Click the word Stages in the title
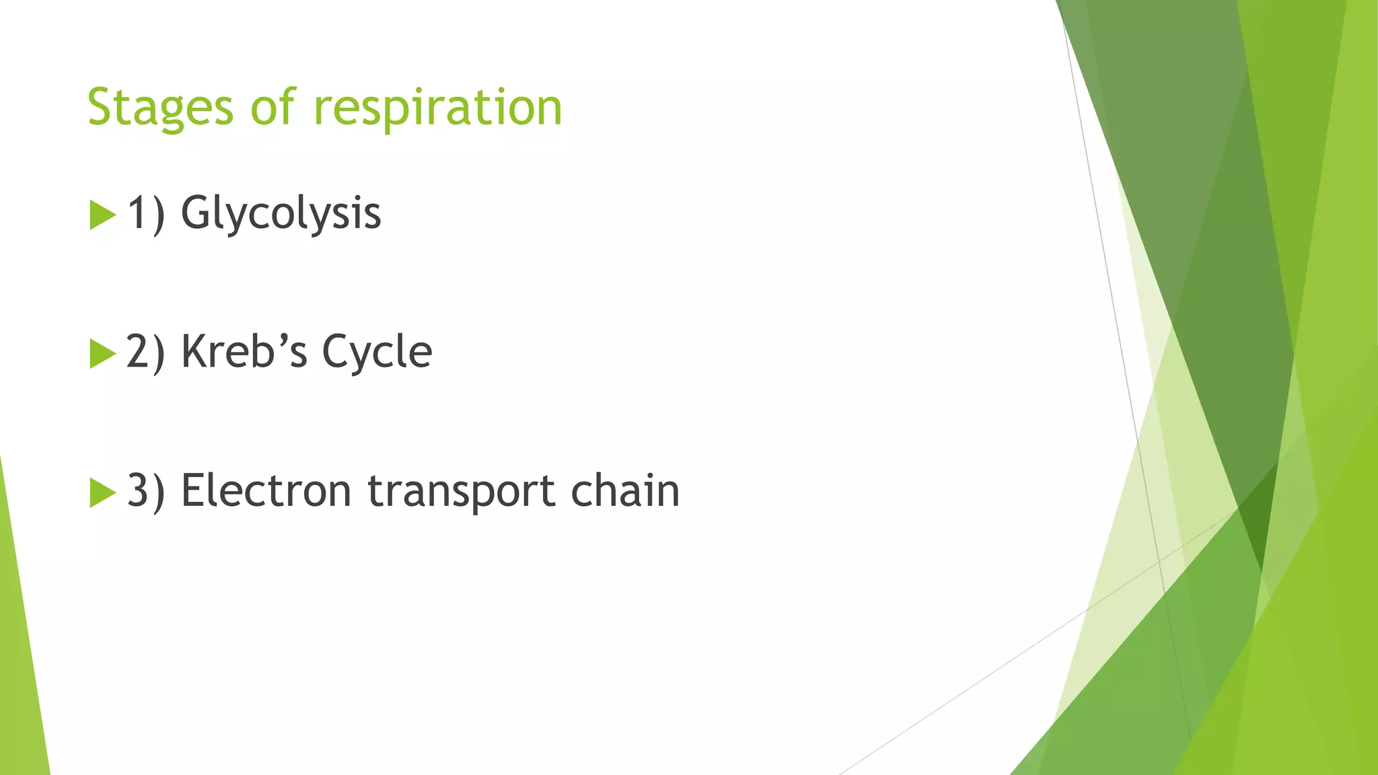[160, 108]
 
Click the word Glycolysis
[281, 214]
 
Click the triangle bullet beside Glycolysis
[102, 215]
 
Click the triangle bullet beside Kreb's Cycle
[102, 354]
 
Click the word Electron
[266, 491]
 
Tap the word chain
[625, 491]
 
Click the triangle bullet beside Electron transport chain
[102, 492]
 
